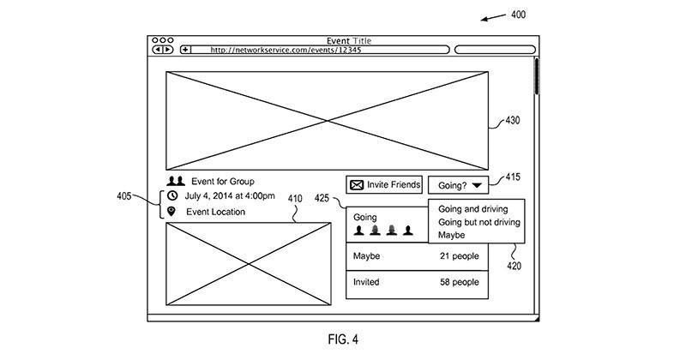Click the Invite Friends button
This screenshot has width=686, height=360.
[x=385, y=184]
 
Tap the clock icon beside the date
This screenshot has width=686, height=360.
[x=172, y=196]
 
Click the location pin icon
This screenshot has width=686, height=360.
[x=172, y=212]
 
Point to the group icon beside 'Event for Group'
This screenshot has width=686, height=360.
[x=176, y=181]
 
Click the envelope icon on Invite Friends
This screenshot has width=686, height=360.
[x=357, y=184]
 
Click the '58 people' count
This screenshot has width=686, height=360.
[x=460, y=282]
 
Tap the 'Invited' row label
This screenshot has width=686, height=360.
[x=368, y=282]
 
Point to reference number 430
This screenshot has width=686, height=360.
[x=513, y=121]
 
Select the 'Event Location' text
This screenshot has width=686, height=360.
[x=215, y=212]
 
